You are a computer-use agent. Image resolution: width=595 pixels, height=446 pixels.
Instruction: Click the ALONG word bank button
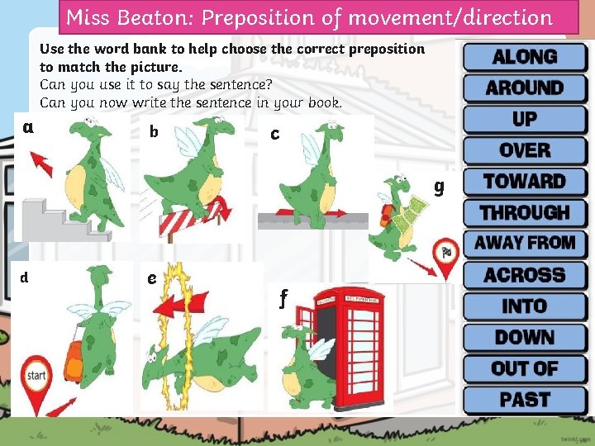525,56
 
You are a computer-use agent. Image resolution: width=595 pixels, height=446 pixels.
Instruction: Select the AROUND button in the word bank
525,88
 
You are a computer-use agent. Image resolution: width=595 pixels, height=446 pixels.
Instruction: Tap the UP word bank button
525,119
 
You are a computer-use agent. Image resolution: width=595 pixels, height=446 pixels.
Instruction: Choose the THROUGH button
525,212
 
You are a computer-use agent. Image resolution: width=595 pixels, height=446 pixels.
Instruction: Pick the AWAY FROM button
525,243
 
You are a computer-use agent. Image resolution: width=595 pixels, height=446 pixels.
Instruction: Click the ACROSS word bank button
525,275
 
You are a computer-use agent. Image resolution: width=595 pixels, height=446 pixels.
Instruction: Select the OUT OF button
525,368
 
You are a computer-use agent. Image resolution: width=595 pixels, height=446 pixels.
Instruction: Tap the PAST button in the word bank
525,400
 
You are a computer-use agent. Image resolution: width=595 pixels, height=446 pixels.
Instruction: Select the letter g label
439,186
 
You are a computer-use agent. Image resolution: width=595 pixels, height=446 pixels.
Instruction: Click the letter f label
283,297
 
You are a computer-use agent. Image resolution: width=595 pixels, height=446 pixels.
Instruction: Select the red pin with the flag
445,258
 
